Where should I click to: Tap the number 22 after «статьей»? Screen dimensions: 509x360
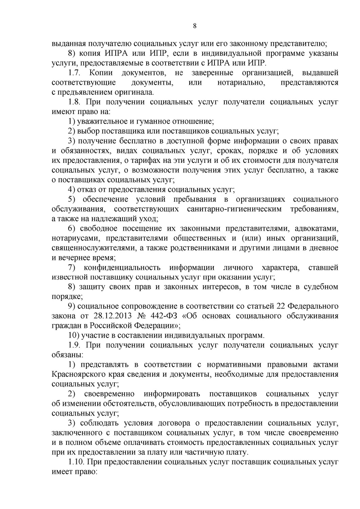coord(280,306)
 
